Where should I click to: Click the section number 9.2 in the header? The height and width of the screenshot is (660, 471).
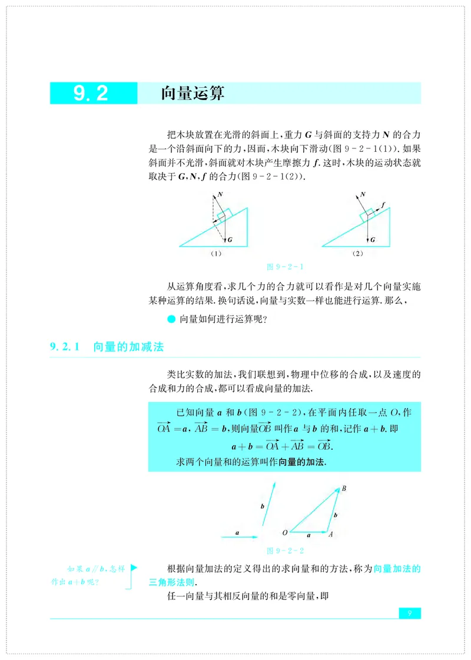(x=91, y=94)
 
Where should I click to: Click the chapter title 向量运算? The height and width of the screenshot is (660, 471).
(x=193, y=94)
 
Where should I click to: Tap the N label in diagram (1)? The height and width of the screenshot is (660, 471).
(x=220, y=194)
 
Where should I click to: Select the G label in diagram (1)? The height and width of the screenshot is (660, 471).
(x=229, y=240)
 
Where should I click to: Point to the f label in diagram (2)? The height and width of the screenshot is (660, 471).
(x=383, y=204)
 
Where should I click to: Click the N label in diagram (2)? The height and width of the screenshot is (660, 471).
(x=363, y=194)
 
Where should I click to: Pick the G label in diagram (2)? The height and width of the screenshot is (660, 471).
(x=372, y=240)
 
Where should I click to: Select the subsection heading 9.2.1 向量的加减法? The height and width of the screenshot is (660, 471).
(x=107, y=347)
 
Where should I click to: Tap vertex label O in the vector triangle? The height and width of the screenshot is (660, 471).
(x=284, y=533)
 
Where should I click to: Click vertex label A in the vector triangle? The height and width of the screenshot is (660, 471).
(x=331, y=535)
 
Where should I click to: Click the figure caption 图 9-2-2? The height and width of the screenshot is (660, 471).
(x=286, y=551)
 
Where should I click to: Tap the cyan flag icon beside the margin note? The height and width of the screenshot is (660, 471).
(x=134, y=568)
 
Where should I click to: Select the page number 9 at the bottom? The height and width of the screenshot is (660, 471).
(x=410, y=613)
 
